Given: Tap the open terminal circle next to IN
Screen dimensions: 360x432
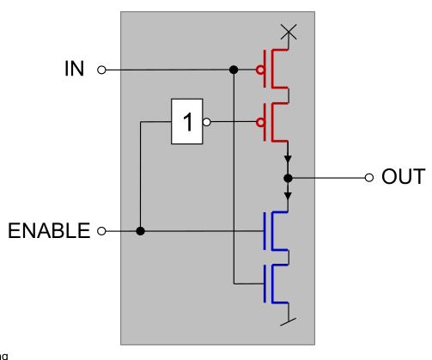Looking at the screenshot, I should (101, 70).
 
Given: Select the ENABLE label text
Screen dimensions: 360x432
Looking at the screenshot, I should (49, 230).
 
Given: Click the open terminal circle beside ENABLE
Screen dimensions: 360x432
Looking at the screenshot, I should (101, 230).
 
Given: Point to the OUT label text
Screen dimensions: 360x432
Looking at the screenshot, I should (403, 178).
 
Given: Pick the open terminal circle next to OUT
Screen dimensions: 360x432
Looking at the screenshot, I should (369, 178).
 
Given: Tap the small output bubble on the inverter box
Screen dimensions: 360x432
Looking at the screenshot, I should (206, 122).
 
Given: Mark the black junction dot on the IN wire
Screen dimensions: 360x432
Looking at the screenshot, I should (233, 70).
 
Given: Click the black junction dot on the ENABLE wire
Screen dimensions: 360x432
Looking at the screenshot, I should (141, 230).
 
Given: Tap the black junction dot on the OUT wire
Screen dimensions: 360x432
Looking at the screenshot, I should (289, 178).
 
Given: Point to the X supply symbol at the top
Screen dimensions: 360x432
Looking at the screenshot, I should (289, 33).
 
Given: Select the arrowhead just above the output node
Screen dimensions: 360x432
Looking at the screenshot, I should (289, 161).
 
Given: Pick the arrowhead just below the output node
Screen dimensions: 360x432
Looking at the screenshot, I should (289, 195).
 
